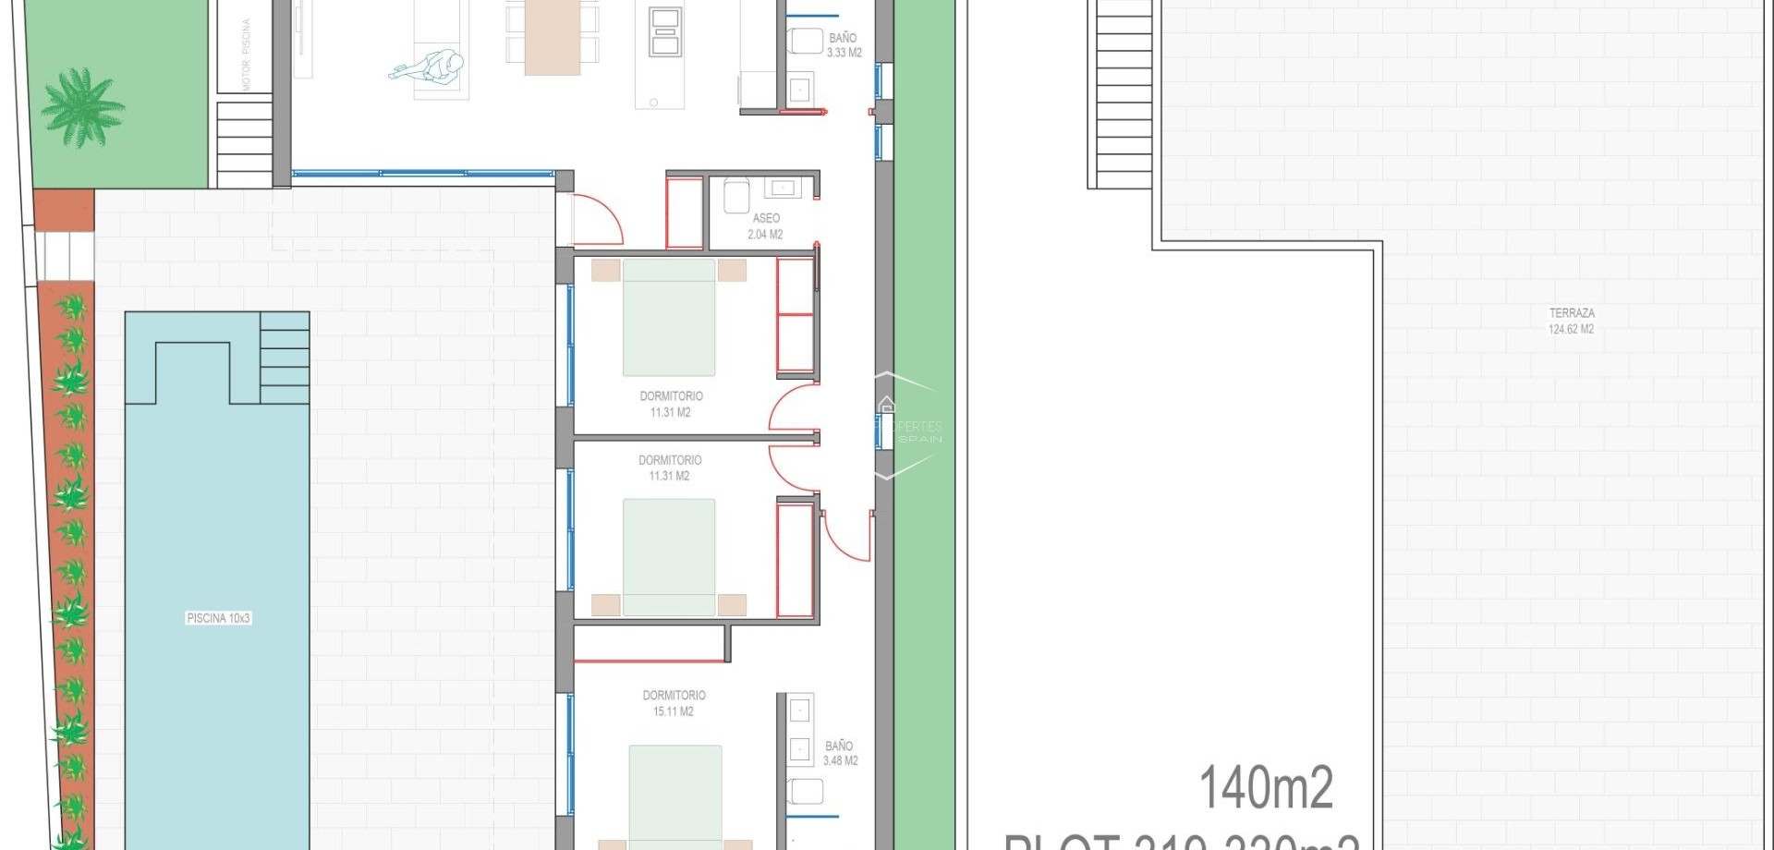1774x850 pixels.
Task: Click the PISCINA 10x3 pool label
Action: pyautogui.click(x=218, y=618)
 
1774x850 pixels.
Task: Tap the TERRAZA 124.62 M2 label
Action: pyautogui.click(x=1571, y=321)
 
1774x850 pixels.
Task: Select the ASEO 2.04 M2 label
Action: pyautogui.click(x=765, y=226)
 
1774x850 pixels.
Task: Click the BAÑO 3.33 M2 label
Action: pyautogui.click(x=843, y=45)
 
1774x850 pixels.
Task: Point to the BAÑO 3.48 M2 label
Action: pyautogui.click(x=839, y=753)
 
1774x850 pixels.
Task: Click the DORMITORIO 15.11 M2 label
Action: pyautogui.click(x=674, y=703)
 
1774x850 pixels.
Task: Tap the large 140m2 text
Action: pyautogui.click(x=1266, y=788)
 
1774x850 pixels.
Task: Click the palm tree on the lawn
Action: pyautogui.click(x=83, y=107)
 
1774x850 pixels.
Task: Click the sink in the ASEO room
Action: pyautogui.click(x=783, y=188)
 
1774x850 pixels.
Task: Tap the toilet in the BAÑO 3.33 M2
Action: pyautogui.click(x=806, y=42)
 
